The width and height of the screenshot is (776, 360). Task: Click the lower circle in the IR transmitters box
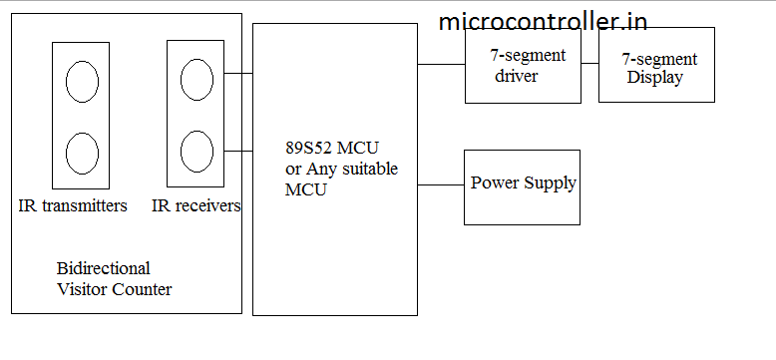coord(82,153)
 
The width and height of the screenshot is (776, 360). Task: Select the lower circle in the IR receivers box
coord(196,151)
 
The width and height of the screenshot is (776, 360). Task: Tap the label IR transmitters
coord(73,206)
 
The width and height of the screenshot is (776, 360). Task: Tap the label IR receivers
coord(196,206)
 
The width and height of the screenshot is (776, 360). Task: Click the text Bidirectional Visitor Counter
coord(114,279)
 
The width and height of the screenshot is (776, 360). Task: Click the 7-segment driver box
coord(523,65)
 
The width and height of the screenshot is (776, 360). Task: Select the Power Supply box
coord(522,186)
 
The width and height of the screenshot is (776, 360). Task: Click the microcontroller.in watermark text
coord(543,21)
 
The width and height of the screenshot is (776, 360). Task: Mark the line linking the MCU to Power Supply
coord(441,184)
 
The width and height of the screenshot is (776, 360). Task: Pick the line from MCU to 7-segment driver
coord(441,64)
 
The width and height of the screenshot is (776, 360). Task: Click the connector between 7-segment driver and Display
coord(589,64)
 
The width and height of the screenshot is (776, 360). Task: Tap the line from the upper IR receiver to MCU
coord(239,73)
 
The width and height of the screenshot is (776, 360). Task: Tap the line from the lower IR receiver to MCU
coord(239,151)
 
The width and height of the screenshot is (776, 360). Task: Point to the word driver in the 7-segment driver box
coord(517,76)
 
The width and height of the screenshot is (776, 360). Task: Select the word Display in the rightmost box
coord(654,78)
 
